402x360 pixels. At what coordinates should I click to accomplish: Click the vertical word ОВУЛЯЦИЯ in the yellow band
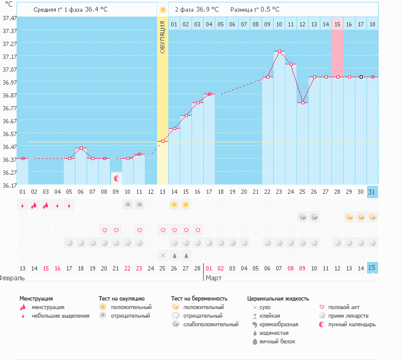pos(163,36)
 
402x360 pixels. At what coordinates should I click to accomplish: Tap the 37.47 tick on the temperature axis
pos(9,19)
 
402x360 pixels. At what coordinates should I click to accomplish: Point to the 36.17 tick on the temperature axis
pos(9,185)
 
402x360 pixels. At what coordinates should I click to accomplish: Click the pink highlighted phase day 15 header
pos(338,24)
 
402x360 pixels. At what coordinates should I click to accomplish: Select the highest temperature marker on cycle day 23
pos(279,52)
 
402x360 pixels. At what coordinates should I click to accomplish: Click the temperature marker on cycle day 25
pos(303,102)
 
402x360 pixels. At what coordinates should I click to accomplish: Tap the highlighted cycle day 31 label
pos(372,192)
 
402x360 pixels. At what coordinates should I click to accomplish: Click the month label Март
pos(214,278)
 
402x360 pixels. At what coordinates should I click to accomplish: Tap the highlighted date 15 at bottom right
pos(372,268)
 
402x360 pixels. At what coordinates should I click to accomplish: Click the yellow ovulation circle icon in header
pos(163,10)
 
